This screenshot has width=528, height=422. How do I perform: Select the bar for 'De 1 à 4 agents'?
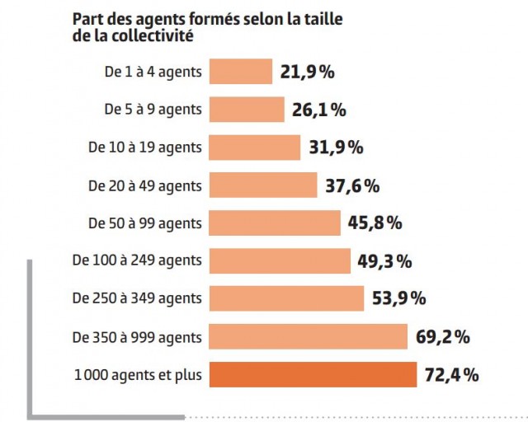point(241,72)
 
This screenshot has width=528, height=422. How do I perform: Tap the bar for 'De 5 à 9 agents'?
point(247,110)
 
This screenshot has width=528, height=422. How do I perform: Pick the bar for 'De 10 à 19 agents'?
point(255,148)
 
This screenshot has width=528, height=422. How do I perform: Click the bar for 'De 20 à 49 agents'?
point(263,185)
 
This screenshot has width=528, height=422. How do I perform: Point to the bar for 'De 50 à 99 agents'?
point(275,223)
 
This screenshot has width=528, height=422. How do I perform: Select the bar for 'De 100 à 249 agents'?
point(280,261)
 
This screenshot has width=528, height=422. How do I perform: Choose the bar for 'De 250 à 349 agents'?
point(287,298)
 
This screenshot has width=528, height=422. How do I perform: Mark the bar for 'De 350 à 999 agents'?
point(309,336)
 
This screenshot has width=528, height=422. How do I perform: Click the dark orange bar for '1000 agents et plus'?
point(313,375)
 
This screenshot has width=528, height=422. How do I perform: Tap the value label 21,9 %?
point(308,72)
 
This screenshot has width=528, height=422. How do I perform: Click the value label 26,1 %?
point(318,110)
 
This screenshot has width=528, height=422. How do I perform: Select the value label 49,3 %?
point(384,261)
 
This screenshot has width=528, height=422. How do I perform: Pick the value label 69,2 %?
point(442,336)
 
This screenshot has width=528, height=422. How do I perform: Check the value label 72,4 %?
point(451,375)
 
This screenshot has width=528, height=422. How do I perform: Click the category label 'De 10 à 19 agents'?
point(144,148)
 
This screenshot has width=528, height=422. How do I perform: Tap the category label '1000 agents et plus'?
point(137,375)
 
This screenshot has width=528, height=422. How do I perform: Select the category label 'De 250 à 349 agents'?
point(137,298)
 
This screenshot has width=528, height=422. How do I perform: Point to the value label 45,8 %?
point(375,223)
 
